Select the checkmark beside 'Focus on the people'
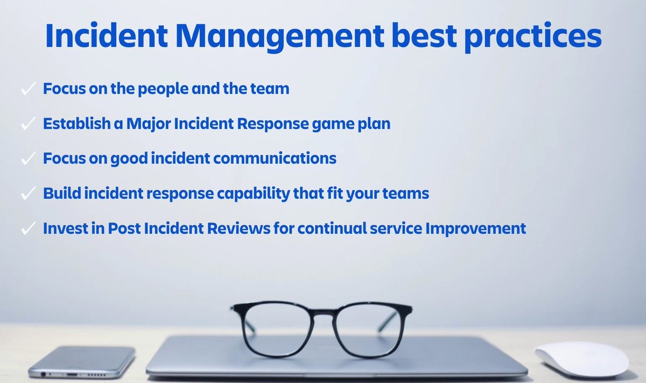pyautogui.click(x=28, y=89)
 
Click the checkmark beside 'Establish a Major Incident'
pyautogui.click(x=28, y=124)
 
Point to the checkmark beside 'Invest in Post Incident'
pyautogui.click(x=28, y=228)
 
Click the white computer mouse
pyautogui.click(x=581, y=358)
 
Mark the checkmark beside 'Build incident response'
pyautogui.click(x=28, y=194)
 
